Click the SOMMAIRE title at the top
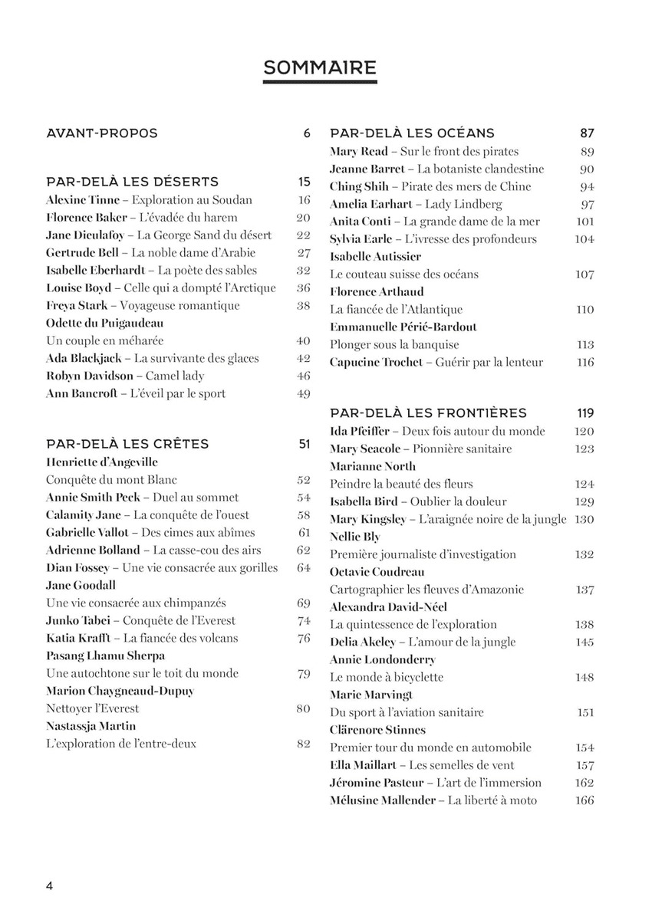(x=320, y=68)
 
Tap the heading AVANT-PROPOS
(x=102, y=133)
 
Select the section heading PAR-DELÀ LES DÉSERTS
(x=133, y=182)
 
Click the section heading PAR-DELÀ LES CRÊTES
(x=127, y=444)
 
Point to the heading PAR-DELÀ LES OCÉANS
(x=412, y=133)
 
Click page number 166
(x=584, y=800)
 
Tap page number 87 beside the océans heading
(x=587, y=133)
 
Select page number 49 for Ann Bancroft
(x=303, y=394)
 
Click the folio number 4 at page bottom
(x=49, y=886)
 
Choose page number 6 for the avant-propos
(x=307, y=133)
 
